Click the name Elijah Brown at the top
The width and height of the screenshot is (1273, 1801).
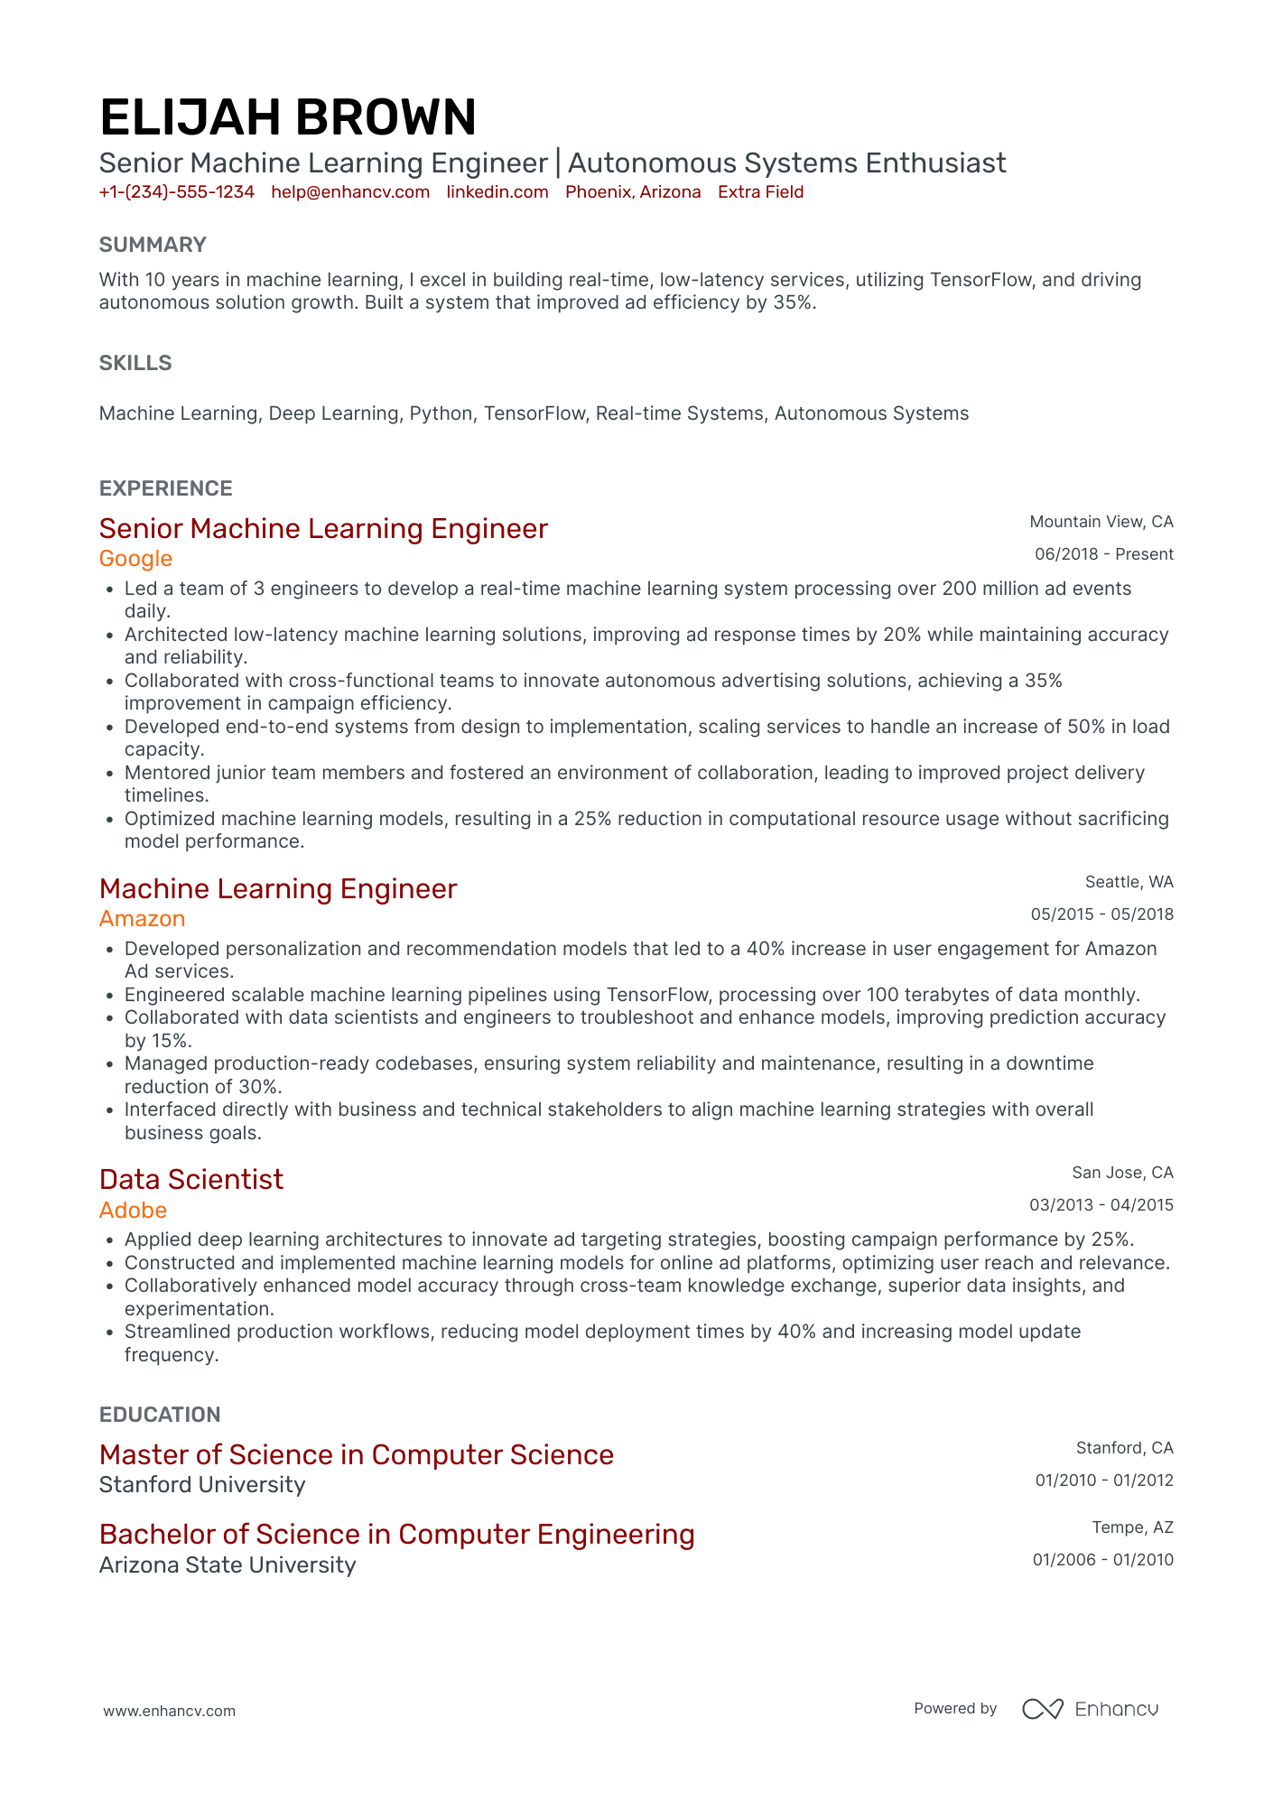coord(287,117)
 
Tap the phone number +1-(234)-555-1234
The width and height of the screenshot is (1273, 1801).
coord(177,192)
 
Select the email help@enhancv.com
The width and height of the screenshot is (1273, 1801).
coord(350,192)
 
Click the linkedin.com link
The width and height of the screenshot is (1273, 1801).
coord(497,192)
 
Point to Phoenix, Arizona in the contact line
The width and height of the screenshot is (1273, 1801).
coord(633,192)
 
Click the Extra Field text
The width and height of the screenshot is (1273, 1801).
coord(760,192)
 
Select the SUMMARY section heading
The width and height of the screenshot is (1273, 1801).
coord(153,245)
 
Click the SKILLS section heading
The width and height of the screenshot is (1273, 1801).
coord(135,363)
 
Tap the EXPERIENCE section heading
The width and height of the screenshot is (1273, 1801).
coord(166,488)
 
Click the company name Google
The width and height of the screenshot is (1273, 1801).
coord(135,559)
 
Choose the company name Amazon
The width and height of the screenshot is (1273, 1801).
coord(142,919)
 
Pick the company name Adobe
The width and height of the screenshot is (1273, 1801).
coord(133,1211)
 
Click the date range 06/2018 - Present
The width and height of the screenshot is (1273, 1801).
coord(1103,554)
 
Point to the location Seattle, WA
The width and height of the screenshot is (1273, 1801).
coord(1129,882)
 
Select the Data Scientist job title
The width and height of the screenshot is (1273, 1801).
coord(191,1179)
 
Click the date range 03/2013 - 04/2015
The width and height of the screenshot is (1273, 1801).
coord(1101,1205)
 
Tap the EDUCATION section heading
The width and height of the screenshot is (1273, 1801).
coord(160,1415)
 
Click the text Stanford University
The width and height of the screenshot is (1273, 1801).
coord(202,1485)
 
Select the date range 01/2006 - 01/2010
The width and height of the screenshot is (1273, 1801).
coord(1102,1560)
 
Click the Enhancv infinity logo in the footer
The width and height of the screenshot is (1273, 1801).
coord(1042,1709)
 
